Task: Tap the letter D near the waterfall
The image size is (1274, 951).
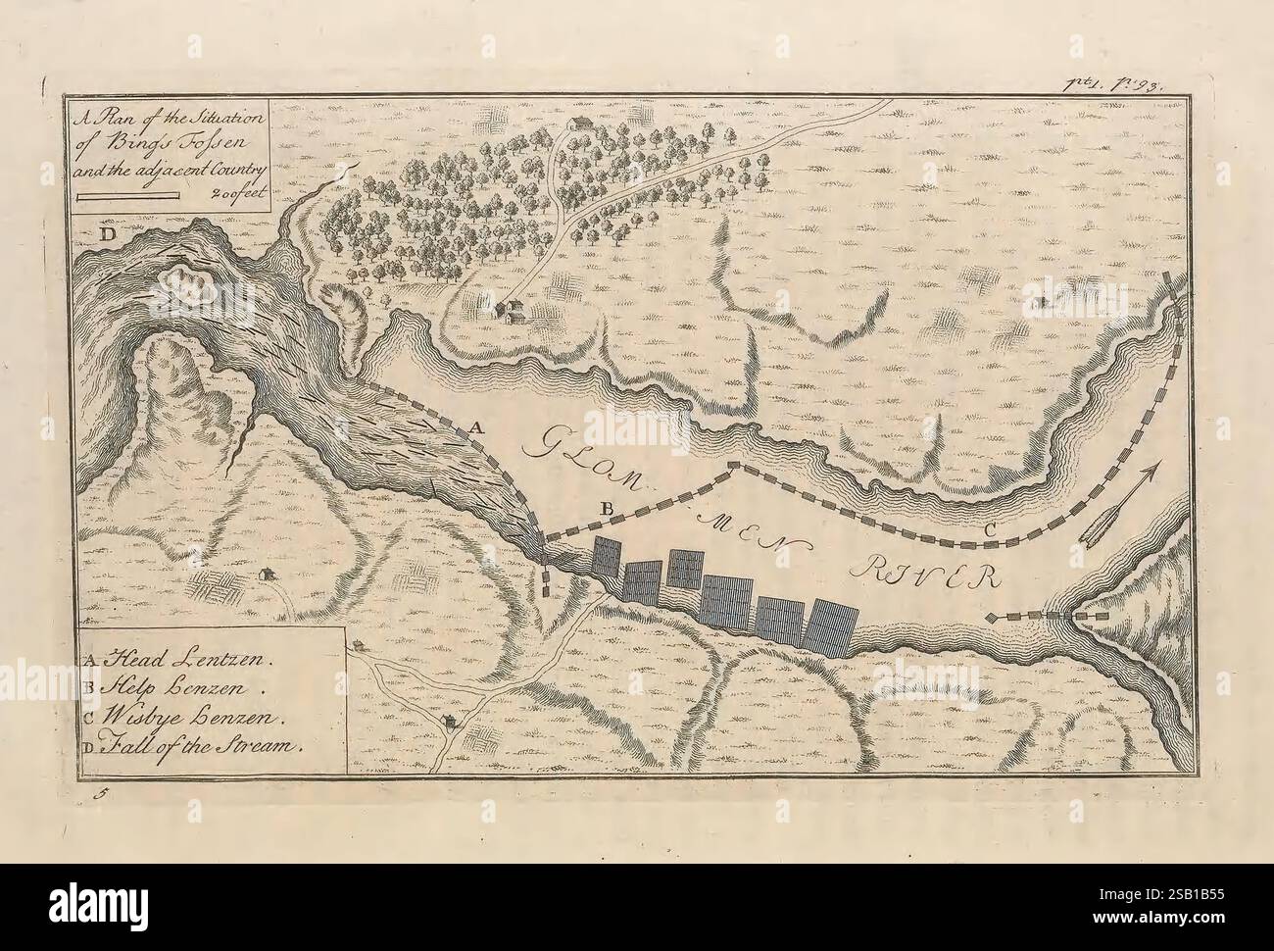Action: click(104, 236)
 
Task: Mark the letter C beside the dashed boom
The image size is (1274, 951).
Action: click(990, 530)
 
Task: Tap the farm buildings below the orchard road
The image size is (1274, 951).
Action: click(509, 310)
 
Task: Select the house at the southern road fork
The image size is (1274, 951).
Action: click(449, 724)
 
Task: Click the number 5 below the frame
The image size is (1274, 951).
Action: click(98, 796)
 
